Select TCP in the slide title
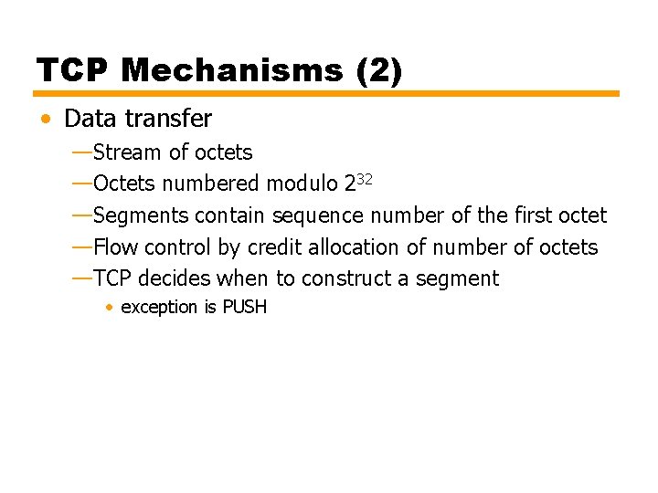click(x=73, y=70)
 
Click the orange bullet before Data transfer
click(x=46, y=120)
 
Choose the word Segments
click(x=141, y=215)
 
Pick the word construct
click(x=349, y=278)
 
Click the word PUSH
click(x=245, y=308)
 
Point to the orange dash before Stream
click(x=81, y=151)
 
